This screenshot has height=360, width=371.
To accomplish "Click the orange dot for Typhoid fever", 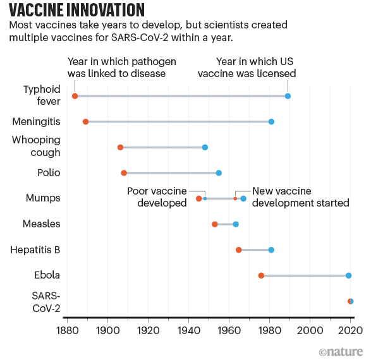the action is click(75, 96).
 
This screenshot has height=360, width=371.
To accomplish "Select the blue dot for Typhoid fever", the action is click(288, 96).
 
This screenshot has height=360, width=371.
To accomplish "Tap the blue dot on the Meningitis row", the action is click(271, 122).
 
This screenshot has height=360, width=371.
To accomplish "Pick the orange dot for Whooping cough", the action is click(120, 148).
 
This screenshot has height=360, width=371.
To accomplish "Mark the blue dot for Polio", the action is click(219, 173).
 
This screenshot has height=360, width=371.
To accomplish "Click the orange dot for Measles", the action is click(215, 224).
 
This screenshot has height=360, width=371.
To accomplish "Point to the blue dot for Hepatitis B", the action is click(271, 250).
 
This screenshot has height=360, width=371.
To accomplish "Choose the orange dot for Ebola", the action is click(261, 275).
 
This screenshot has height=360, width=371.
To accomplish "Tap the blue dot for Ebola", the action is click(348, 275).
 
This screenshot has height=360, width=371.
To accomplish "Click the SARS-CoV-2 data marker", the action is click(351, 301).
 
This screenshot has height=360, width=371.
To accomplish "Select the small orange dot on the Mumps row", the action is click(235, 198).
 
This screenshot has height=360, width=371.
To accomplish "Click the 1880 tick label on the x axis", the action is click(67, 330).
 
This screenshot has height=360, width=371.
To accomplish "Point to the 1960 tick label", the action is click(229, 330).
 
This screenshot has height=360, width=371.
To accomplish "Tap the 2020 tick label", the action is click(350, 330).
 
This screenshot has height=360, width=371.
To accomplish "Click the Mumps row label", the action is click(43, 198).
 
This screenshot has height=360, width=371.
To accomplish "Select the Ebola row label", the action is click(47, 275).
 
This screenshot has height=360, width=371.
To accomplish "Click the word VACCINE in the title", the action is click(35, 10).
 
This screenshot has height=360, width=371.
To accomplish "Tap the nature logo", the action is click(341, 352).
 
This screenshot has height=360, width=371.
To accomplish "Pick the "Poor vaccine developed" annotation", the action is click(157, 197).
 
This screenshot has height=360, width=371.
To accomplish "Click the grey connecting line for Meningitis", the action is click(178, 122).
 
